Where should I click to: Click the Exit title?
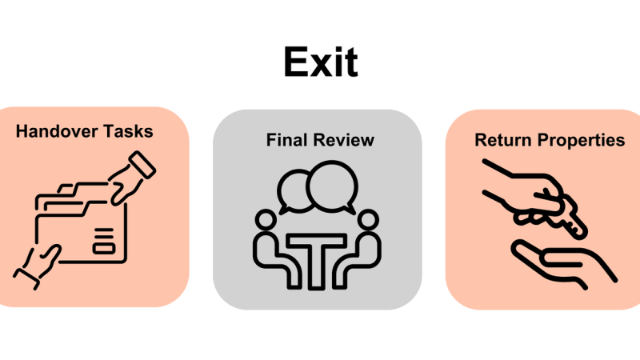[x=321, y=62]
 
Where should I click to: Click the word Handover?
[x=57, y=131]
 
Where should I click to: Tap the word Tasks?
[x=128, y=131]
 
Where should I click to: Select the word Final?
[x=286, y=140]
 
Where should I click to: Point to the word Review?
[x=343, y=140]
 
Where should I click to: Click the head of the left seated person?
[x=266, y=219]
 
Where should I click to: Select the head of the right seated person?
[x=368, y=219]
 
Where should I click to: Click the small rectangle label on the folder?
[x=104, y=248]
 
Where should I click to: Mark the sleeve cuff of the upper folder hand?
[x=142, y=165]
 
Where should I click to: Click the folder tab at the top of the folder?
[x=66, y=189]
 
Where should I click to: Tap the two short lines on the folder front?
[x=104, y=233]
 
